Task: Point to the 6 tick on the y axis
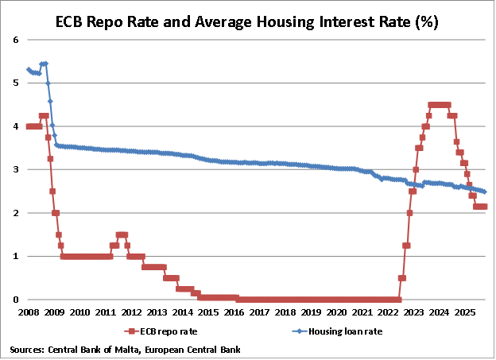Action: [x=16, y=39]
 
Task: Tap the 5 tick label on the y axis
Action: [x=16, y=83]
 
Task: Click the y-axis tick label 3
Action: [x=16, y=169]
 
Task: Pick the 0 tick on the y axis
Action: [x=16, y=300]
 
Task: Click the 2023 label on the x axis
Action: [x=414, y=312]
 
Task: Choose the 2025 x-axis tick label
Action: [x=466, y=312]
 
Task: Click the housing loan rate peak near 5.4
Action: [x=44, y=64]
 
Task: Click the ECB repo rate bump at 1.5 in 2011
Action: [x=122, y=234]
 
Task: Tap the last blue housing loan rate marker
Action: [x=485, y=192]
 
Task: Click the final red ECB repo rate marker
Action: [x=484, y=207]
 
